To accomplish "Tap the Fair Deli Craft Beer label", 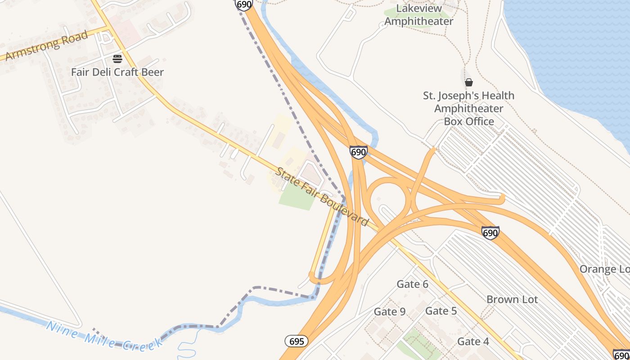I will [x=117, y=72].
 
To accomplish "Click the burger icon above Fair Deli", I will [x=117, y=58].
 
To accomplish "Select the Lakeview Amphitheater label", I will [x=418, y=15].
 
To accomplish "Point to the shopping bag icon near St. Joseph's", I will [x=469, y=82].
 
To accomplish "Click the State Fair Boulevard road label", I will [x=322, y=197].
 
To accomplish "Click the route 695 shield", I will [x=297, y=341].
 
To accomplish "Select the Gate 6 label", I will [x=412, y=284].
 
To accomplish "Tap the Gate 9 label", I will [x=390, y=312].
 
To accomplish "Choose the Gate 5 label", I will [x=441, y=311].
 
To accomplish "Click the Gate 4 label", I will [x=473, y=342].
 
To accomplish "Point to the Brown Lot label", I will [x=512, y=299].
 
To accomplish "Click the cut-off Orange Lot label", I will [x=604, y=269].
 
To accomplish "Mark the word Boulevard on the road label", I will [x=345, y=210].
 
